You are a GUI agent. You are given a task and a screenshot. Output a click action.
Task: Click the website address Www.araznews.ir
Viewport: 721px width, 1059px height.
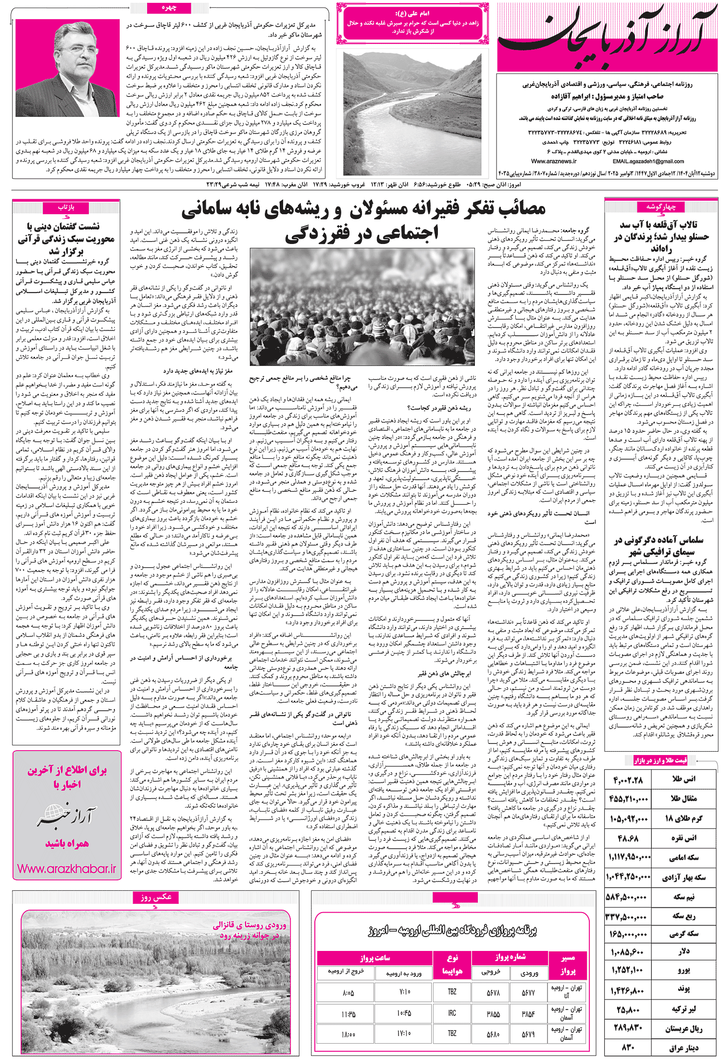tap(554, 161)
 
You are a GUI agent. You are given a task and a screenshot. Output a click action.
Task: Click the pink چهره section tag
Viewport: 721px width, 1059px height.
tap(169, 8)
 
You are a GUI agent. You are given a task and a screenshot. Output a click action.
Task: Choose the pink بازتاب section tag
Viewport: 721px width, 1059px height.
tap(66, 207)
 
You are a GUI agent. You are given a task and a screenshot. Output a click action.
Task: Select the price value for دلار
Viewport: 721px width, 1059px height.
tap(628, 950)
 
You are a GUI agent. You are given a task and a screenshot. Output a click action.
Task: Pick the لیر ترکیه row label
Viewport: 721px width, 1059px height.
tap(684, 1009)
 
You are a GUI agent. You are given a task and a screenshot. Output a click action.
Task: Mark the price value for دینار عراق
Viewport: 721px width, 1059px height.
tap(628, 1047)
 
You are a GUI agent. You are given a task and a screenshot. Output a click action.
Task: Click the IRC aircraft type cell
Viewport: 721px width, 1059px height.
tap(452, 1013)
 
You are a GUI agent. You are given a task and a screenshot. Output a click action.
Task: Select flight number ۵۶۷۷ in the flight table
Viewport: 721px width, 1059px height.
tap(528, 992)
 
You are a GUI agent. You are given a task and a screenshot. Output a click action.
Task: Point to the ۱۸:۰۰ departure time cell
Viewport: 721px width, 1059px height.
tap(348, 1034)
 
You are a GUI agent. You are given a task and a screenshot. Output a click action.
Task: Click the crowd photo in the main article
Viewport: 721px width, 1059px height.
tap(362, 307)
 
